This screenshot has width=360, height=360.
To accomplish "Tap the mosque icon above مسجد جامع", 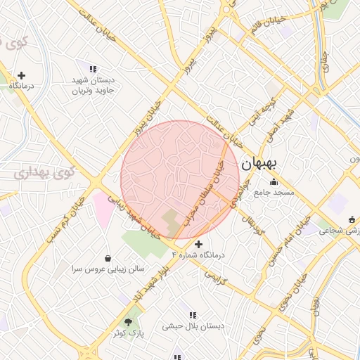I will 274,183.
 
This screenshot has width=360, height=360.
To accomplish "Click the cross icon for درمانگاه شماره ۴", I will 198,244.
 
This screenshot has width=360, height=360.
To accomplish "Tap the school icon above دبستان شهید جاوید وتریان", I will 93,69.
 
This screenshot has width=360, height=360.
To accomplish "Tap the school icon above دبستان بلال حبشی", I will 193,314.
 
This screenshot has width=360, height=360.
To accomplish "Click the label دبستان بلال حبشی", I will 193,326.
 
